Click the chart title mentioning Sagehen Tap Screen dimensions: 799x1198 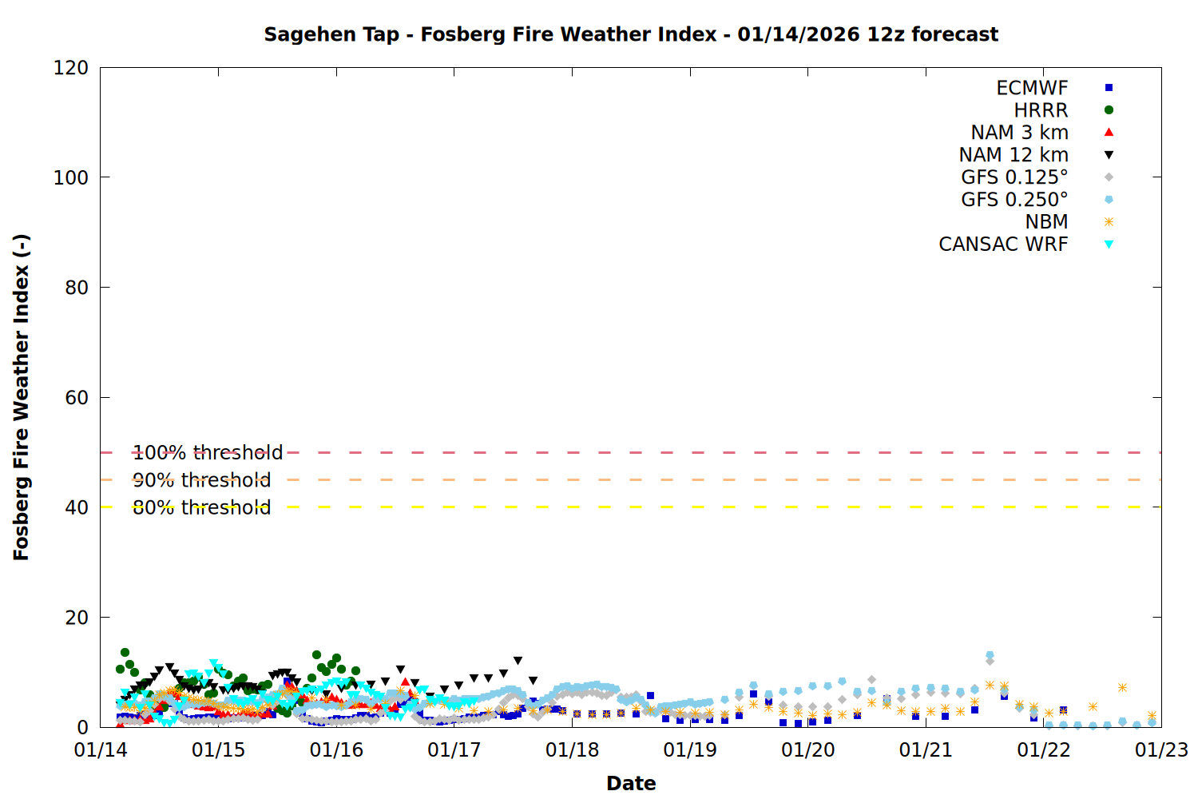point(631,34)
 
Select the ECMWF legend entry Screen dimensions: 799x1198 point(1032,88)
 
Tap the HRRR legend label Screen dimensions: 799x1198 point(1041,110)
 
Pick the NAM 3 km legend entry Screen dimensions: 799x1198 point(1019,133)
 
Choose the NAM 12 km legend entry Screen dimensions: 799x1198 point(1014,155)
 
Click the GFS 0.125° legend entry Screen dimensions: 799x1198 point(1014,177)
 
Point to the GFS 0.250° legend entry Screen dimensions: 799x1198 point(1014,200)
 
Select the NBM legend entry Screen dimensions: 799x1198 point(1046,222)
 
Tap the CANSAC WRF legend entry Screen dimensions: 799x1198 point(1003,244)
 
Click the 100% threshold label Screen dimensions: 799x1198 point(208,453)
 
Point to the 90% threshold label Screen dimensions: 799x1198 point(201,480)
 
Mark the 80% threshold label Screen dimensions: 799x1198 point(201,507)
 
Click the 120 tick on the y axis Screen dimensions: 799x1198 point(71,68)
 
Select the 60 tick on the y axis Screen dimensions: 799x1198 point(77,398)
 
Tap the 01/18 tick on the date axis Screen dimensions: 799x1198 point(572,750)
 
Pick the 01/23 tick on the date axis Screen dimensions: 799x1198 point(1161,750)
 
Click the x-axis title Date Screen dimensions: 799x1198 point(631,783)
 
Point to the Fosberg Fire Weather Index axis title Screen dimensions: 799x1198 point(22,397)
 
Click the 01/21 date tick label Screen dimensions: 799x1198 point(926,750)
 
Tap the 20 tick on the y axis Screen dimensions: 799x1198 point(77,618)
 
